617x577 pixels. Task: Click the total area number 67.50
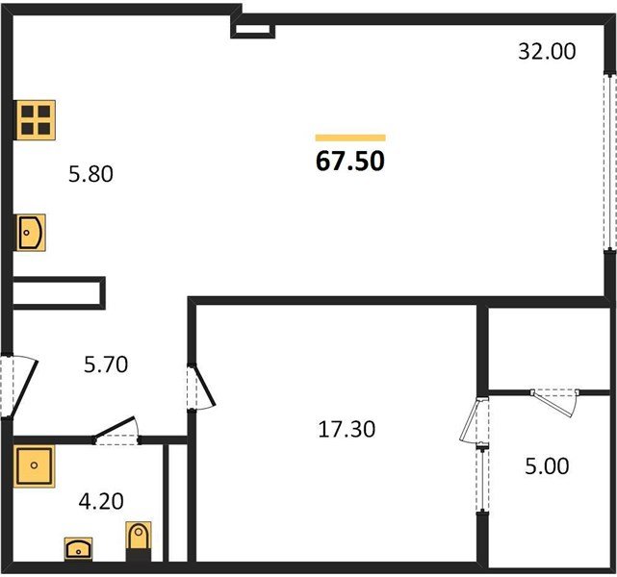point(350,161)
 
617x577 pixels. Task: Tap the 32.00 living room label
point(547,52)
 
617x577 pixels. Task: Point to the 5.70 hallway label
point(105,364)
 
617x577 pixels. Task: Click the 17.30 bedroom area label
point(347,429)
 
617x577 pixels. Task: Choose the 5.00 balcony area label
point(546,467)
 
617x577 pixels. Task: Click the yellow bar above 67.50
point(350,138)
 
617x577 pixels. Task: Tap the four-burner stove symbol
point(35,120)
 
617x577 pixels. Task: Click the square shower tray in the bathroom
point(35,467)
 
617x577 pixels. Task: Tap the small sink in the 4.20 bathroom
point(76,549)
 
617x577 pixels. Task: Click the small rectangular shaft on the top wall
point(254,30)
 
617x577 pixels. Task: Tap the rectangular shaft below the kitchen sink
point(57,291)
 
